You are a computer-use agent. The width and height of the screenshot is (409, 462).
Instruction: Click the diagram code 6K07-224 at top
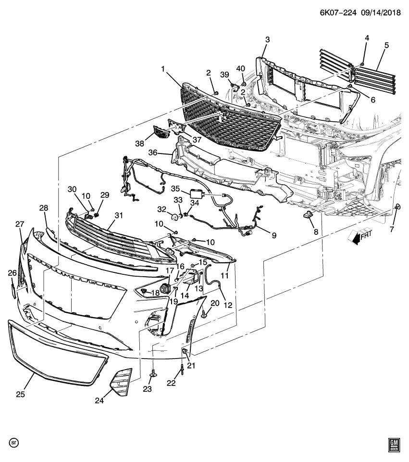tap(338, 13)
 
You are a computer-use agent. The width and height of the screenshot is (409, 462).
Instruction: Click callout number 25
tap(20, 394)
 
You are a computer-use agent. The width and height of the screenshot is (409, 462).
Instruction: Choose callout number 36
tap(153, 153)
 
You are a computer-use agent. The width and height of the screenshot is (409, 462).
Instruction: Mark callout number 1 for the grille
tap(163, 69)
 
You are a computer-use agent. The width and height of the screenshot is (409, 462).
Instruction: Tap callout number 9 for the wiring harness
tap(274, 235)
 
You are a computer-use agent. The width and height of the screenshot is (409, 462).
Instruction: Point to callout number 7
tap(392, 229)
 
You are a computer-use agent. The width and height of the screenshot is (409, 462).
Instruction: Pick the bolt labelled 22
tap(183, 370)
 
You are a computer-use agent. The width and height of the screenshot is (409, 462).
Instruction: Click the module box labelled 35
tap(196, 194)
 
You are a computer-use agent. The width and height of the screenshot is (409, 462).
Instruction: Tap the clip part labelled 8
tap(307, 215)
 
